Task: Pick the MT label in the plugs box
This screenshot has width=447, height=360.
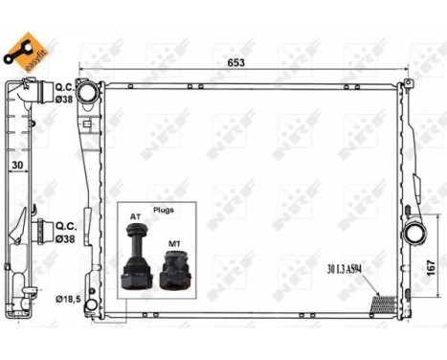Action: (173, 245)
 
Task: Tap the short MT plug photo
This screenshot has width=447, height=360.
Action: (172, 273)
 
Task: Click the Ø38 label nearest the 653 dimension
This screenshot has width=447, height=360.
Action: (64, 98)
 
